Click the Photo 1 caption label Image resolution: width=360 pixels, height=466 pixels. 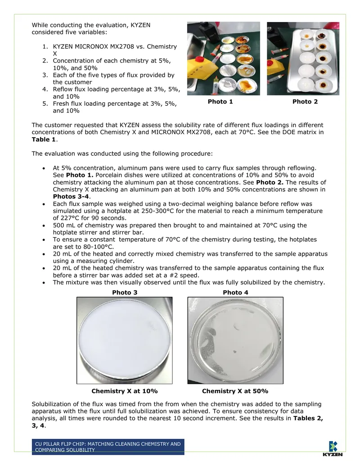click(x=220, y=102)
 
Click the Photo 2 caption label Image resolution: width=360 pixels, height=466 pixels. click(x=305, y=102)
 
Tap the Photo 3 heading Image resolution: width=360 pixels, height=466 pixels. click(x=125, y=293)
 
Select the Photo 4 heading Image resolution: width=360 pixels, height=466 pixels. click(x=235, y=293)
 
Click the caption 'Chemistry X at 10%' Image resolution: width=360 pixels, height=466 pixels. click(x=125, y=391)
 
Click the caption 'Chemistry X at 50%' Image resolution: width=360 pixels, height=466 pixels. click(x=235, y=391)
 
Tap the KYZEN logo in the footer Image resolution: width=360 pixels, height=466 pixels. click(x=333, y=449)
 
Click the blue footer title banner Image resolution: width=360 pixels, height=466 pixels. click(x=108, y=447)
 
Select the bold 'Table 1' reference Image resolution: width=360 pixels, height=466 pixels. click(x=44, y=140)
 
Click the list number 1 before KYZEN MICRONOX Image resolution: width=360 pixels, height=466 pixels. click(x=45, y=47)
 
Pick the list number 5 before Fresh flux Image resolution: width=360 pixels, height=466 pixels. click(x=45, y=104)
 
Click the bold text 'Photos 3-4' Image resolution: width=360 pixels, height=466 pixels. click(x=71, y=196)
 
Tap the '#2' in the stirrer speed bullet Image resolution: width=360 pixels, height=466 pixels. click(x=174, y=275)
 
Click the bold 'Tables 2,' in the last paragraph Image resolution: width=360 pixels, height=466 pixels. click(x=308, y=418)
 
